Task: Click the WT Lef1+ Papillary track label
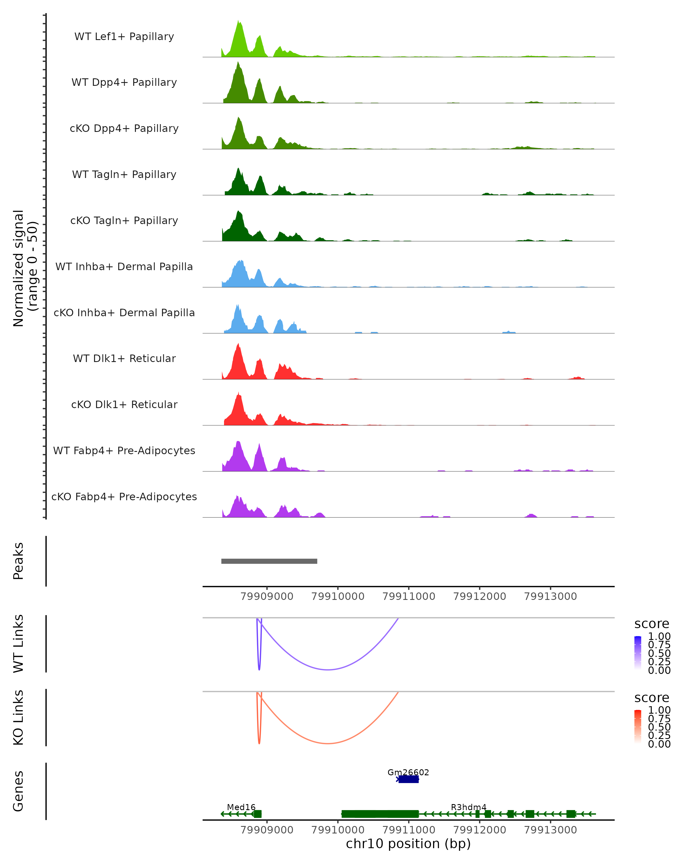(124, 37)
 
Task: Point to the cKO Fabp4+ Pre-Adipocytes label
(124, 497)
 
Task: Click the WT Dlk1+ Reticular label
(124, 358)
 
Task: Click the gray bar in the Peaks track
(269, 561)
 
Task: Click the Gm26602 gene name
(408, 772)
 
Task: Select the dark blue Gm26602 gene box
(409, 779)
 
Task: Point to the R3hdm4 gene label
(468, 807)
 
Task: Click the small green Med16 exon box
(258, 814)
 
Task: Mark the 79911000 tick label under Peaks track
(409, 596)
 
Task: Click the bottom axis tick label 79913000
(550, 830)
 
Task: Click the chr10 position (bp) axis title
(408, 844)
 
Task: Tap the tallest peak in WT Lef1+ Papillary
(238, 21)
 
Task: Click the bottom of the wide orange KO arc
(328, 743)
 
